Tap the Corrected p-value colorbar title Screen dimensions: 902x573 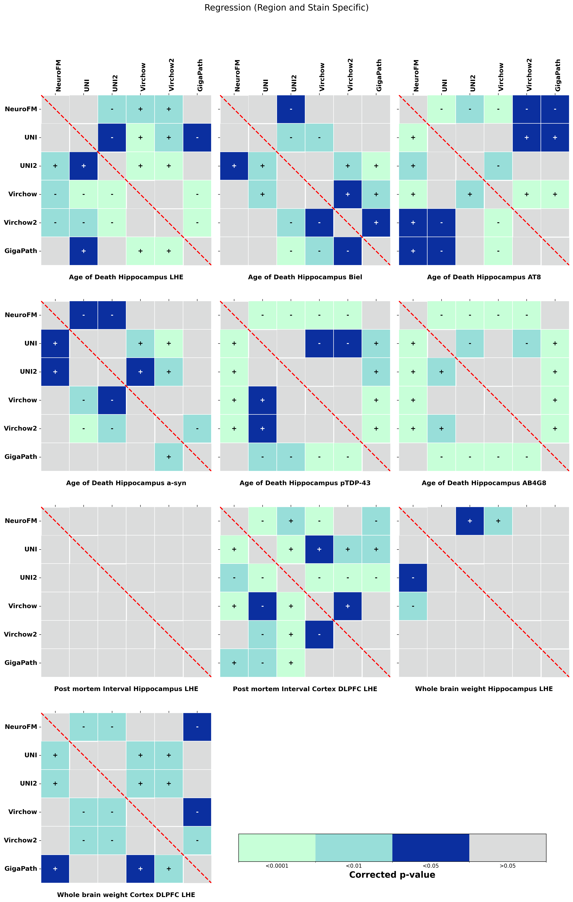392,875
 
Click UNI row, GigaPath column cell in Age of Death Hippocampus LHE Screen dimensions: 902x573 197,137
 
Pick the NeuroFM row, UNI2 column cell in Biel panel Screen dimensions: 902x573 291,109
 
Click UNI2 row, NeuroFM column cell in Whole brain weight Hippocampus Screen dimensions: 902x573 413,578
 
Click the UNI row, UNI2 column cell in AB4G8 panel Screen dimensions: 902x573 470,343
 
